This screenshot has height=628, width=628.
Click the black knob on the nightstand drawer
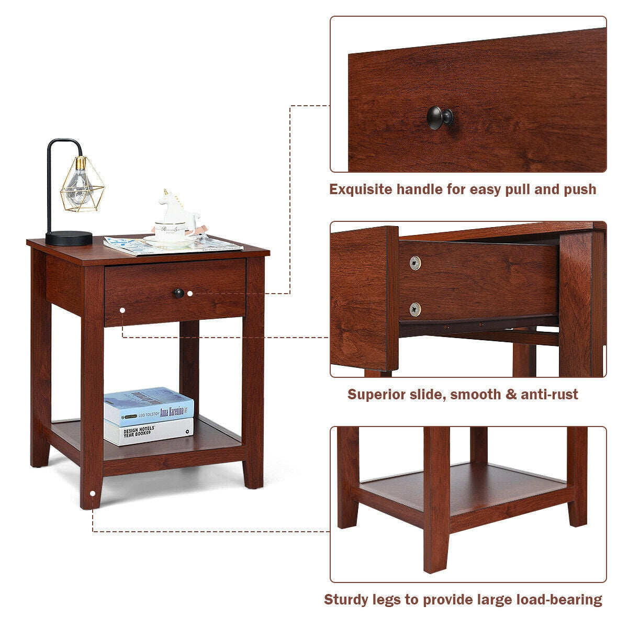[179, 294]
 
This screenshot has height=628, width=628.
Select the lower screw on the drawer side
[415, 309]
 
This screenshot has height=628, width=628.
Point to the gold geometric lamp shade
[82, 184]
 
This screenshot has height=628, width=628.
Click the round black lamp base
[69, 238]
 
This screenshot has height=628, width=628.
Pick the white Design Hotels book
[149, 431]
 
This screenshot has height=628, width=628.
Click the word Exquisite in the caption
[361, 189]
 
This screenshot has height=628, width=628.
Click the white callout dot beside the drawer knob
[190, 294]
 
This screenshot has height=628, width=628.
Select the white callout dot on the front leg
[93, 493]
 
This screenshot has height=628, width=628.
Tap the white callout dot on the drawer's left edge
[122, 310]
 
